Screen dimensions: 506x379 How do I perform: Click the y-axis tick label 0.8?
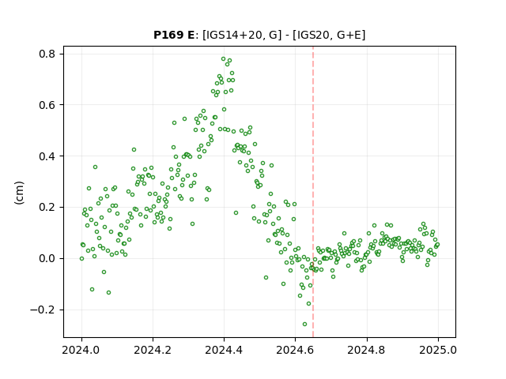pyautogui.click(x=47, y=54)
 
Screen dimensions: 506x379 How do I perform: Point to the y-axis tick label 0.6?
pyautogui.click(x=47, y=105)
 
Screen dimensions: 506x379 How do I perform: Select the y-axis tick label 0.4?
pyautogui.click(x=47, y=156)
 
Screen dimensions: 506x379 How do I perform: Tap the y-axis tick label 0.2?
pyautogui.click(x=47, y=207)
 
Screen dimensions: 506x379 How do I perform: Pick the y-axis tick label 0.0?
pyautogui.click(x=47, y=258)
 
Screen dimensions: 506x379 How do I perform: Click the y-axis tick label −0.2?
pyautogui.click(x=43, y=310)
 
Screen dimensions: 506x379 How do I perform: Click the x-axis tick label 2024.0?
pyautogui.click(x=81, y=350)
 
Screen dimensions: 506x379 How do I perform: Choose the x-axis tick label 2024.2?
pyautogui.click(x=153, y=350)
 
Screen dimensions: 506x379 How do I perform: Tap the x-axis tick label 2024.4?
pyautogui.click(x=224, y=350)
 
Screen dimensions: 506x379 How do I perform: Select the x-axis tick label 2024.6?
pyautogui.click(x=295, y=350)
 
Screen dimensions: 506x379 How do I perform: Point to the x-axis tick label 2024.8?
pyautogui.click(x=366, y=350)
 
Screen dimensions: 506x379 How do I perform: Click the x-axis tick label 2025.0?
pyautogui.click(x=438, y=350)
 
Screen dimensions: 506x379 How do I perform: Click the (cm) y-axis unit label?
pyautogui.click(x=19, y=193)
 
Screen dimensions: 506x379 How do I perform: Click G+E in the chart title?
pyautogui.click(x=349, y=35)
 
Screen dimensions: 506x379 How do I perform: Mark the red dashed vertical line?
pyautogui.click(x=313, y=192)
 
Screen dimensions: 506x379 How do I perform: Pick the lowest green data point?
pyautogui.click(x=304, y=325)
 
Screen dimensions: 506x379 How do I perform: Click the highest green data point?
pyautogui.click(x=223, y=59)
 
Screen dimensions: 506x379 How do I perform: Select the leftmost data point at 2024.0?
pyautogui.click(x=81, y=258)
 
